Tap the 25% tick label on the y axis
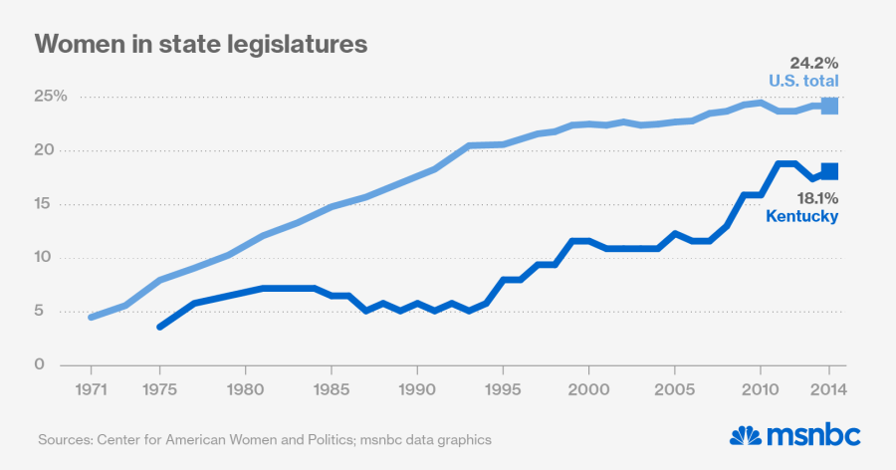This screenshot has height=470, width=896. coord(51,97)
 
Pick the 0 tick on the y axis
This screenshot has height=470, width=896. coord(40,364)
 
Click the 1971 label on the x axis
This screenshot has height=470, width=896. coord(90,388)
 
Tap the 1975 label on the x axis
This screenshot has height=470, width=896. coord(159,388)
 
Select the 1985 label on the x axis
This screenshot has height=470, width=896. coord(332,388)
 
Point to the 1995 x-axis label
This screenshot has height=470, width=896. coord(504,388)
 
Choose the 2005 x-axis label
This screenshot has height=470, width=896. coord(676,388)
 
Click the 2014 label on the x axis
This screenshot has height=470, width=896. coord(828,388)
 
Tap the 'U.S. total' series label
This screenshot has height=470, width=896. coord(803,81)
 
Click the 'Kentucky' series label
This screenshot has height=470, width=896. coord(802,216)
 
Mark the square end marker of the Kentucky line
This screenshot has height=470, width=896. coord(829,171)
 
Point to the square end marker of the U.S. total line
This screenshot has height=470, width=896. coord(829,106)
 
